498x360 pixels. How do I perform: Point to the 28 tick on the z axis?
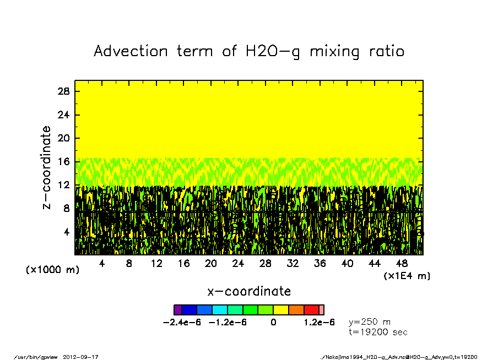[64, 91]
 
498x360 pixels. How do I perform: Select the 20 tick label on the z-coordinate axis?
[64, 138]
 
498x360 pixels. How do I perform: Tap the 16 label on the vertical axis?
[64, 162]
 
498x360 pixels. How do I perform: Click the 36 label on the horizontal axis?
[320, 264]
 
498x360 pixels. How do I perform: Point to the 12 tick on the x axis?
[156, 264]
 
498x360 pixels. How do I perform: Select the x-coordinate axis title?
[249, 291]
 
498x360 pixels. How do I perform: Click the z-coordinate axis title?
[47, 167]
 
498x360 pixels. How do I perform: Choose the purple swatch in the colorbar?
[177, 310]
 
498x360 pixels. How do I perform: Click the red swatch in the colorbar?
[311, 310]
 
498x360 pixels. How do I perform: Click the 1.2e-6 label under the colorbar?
[319, 323]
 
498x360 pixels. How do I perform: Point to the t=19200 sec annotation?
[378, 332]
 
